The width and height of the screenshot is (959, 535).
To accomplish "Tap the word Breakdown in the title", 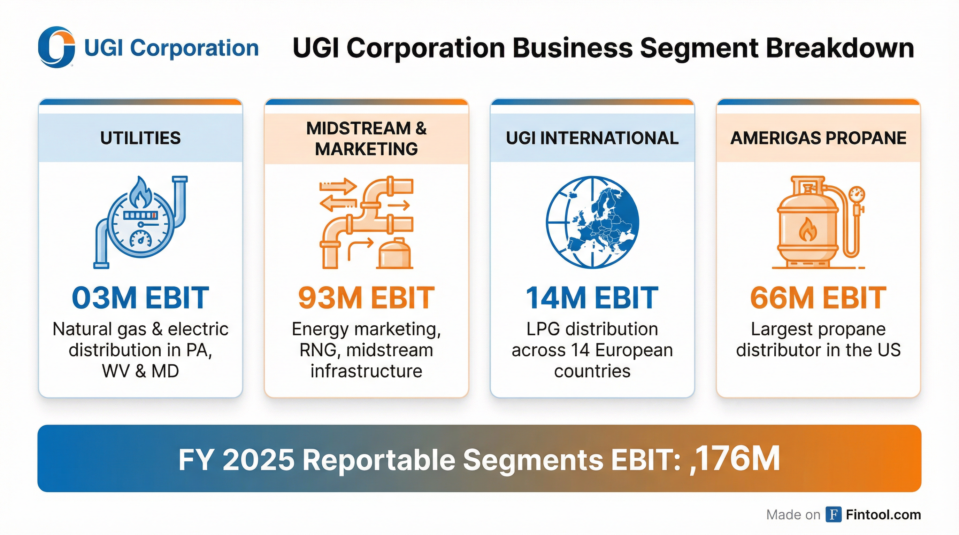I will (839, 48).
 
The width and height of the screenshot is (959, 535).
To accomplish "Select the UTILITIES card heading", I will (140, 138).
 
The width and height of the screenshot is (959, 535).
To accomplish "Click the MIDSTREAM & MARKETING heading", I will (366, 138).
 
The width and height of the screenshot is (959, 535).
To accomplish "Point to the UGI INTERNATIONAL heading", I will (592, 138).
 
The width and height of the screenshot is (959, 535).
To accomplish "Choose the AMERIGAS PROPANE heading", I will (818, 138).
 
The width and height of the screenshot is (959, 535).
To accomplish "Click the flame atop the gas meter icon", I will (140, 193).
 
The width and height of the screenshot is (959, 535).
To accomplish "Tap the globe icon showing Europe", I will (592, 222).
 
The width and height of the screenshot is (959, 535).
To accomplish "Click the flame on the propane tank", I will (807, 230).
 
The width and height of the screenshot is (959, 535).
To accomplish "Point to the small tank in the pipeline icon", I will (394, 254).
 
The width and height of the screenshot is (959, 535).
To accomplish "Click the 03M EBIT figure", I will (140, 298).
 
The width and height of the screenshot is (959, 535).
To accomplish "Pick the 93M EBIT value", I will (366, 298).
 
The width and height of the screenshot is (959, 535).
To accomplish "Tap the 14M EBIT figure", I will (592, 298).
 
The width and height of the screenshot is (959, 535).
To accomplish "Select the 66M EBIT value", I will (818, 298).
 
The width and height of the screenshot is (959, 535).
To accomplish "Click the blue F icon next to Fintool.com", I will (833, 514).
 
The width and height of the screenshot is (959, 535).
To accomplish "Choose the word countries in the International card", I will (592, 371).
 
